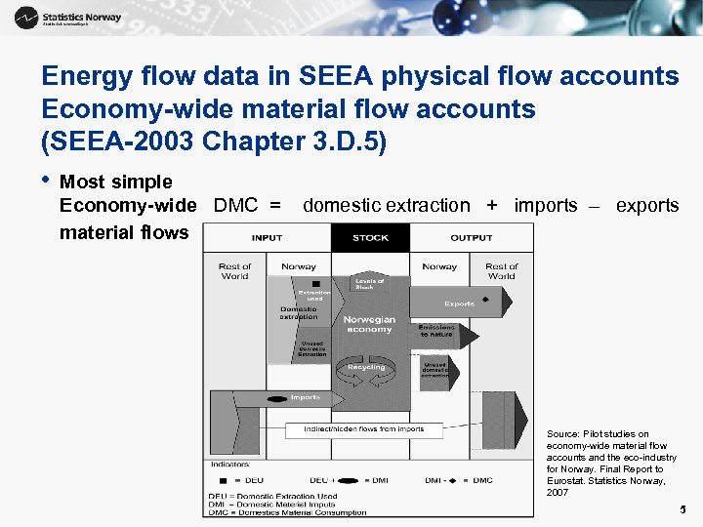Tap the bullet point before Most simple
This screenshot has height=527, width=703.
(46, 182)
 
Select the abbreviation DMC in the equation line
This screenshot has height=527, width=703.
(235, 206)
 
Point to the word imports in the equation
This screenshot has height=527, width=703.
(545, 206)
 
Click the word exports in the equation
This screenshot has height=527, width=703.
(647, 206)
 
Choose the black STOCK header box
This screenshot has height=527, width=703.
(370, 237)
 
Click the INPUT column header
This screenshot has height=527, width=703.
(267, 237)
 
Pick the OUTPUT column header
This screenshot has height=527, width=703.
(472, 237)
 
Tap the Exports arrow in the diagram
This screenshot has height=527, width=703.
(459, 303)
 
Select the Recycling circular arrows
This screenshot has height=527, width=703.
(366, 368)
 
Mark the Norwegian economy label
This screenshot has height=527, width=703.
(370, 324)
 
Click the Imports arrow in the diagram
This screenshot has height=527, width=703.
(293, 398)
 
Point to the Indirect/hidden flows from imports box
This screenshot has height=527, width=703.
(363, 429)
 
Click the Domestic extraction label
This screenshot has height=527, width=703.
(298, 313)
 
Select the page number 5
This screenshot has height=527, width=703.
(682, 509)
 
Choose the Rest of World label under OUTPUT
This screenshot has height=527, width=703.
(502, 270)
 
